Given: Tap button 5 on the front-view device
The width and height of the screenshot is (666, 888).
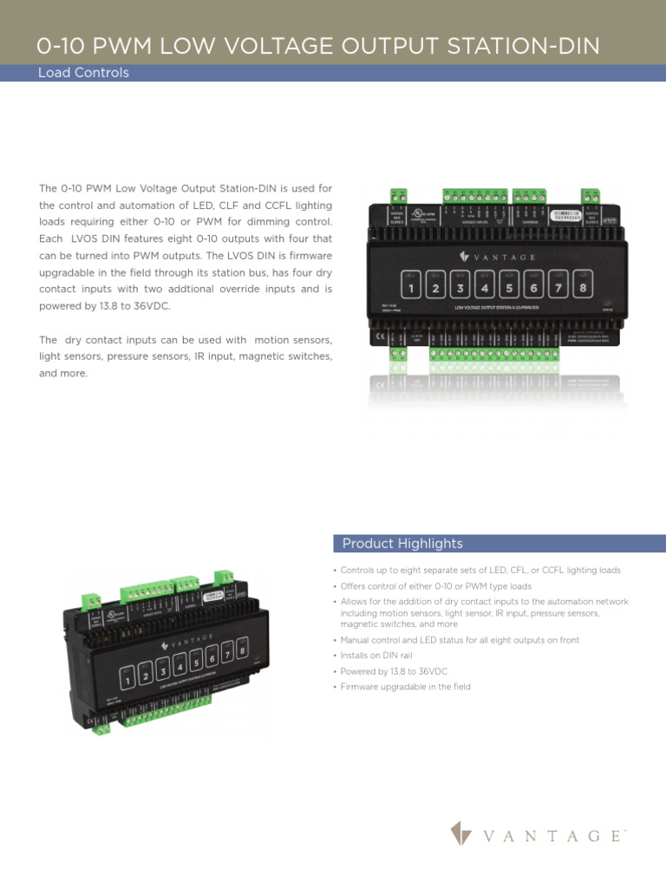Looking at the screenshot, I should click(509, 286).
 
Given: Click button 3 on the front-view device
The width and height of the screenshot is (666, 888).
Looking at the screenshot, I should click(460, 286).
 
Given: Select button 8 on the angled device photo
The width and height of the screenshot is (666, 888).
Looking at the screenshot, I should click(242, 650).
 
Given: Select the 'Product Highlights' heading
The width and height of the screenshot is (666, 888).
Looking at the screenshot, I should click(402, 544).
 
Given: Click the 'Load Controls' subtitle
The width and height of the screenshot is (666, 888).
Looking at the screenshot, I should click(83, 73).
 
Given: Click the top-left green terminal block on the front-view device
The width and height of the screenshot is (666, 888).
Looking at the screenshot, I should click(399, 195).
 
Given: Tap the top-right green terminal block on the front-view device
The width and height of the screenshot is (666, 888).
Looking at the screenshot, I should click(591, 195).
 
